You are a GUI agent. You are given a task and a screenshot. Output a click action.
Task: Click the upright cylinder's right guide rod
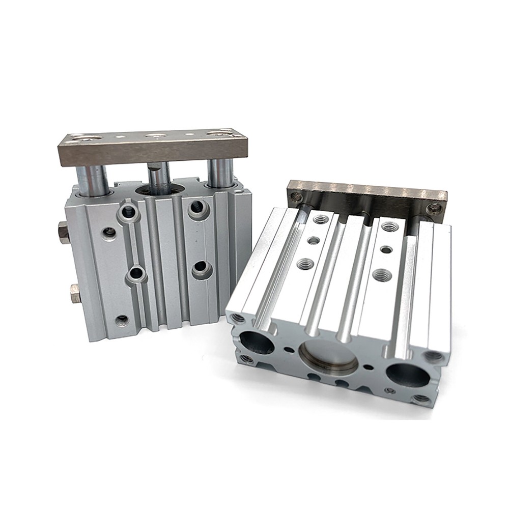coord(220,173)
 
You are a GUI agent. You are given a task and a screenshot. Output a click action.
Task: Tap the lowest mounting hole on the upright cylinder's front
coord(122,320)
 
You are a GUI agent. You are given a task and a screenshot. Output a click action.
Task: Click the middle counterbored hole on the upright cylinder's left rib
coord(136,273)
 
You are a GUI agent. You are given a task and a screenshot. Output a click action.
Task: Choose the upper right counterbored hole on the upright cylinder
coord(196,207)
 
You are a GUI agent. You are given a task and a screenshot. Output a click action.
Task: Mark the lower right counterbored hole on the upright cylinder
coord(201,268)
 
